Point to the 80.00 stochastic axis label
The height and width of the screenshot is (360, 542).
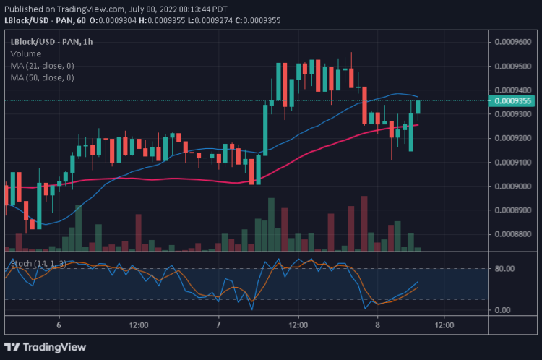tap(503, 269)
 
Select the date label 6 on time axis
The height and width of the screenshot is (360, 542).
tap(59, 326)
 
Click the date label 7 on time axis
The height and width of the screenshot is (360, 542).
tap(218, 326)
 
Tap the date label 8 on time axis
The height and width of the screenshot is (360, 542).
tap(377, 326)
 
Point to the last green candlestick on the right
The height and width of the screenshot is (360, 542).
tap(418, 108)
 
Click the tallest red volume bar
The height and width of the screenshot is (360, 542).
tap(364, 223)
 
